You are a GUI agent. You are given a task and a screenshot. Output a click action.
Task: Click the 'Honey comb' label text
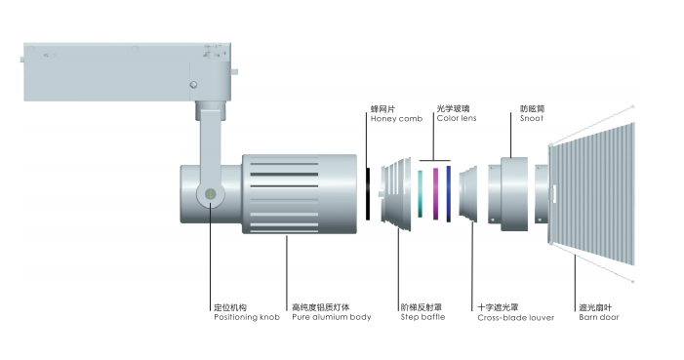[396, 119]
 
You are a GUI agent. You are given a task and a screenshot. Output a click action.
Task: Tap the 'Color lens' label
[457, 118]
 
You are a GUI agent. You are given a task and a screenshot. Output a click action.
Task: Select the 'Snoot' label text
[532, 118]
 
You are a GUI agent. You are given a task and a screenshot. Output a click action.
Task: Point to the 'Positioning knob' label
[247, 317]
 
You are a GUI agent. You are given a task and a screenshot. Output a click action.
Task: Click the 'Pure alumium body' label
[332, 317]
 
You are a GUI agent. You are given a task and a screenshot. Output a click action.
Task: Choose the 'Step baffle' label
[422, 317]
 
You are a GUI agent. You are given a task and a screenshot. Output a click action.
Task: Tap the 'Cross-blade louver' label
[515, 318]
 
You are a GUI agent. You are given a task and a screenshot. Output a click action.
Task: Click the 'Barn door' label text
[599, 317]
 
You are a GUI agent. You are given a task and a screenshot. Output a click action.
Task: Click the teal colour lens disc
[421, 194]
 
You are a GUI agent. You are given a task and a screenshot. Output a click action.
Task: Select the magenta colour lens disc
[435, 194]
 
